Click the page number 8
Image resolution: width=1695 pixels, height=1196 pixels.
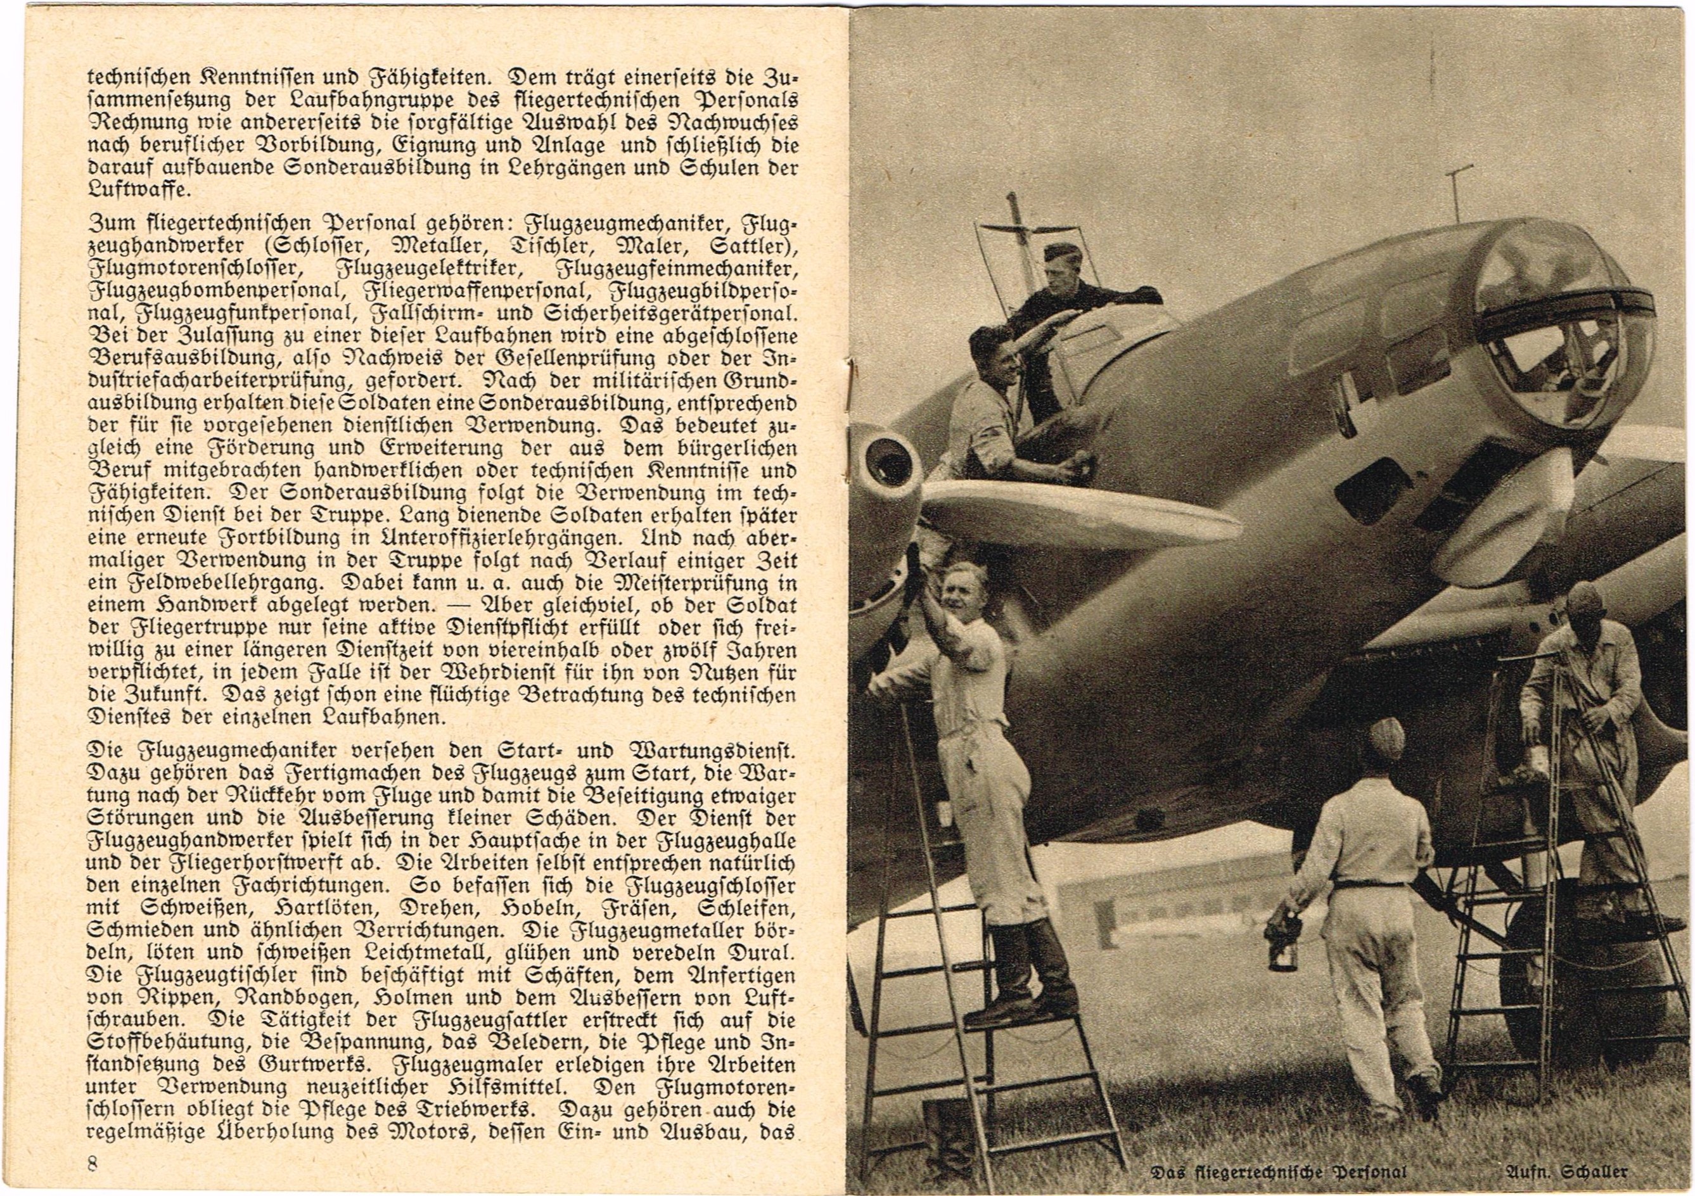(x=93, y=1164)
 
